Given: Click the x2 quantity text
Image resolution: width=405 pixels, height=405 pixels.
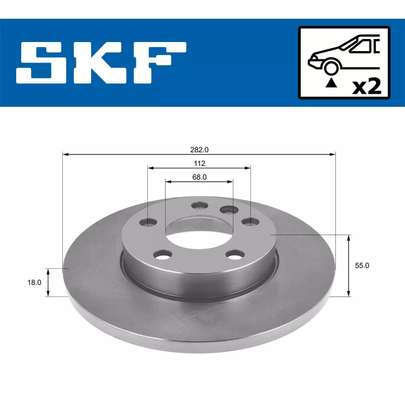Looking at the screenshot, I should (366, 86).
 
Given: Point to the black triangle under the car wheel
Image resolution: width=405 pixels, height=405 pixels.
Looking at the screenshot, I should (331, 82).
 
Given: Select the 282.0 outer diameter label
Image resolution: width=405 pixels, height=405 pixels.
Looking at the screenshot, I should (199, 149).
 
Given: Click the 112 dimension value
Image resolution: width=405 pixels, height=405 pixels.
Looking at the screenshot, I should (199, 163).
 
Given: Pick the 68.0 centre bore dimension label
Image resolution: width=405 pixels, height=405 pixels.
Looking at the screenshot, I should (199, 177).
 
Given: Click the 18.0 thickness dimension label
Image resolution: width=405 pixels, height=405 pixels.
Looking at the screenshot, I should (34, 283).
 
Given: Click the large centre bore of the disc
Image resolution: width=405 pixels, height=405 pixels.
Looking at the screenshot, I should (198, 232).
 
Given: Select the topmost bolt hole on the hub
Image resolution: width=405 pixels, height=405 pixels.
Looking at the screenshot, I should (199, 206).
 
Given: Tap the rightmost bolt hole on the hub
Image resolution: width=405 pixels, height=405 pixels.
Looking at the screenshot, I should (249, 221).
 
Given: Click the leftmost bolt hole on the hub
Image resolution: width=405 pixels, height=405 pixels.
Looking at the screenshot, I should (149, 222).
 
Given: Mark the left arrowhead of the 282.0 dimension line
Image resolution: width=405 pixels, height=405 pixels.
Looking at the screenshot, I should (65, 154).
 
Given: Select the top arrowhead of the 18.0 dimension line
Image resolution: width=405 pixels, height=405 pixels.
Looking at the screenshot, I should (48, 272).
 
